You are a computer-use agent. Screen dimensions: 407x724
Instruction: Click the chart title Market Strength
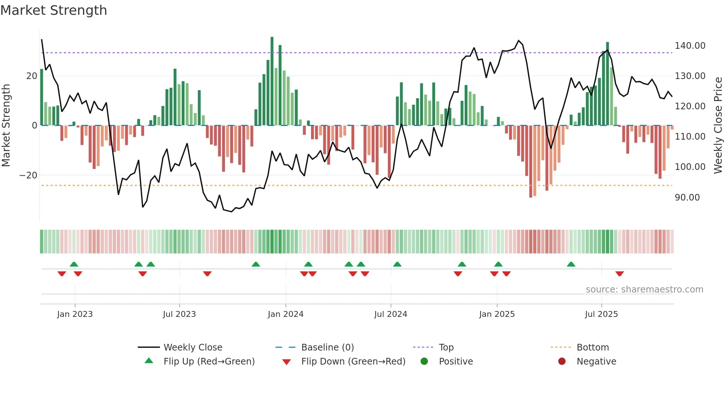coord(54,10)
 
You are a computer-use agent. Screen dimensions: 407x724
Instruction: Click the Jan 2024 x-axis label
coord(286,314)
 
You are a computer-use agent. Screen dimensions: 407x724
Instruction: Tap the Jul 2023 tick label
coord(179,314)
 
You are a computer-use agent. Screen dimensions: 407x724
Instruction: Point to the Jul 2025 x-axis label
coord(601,314)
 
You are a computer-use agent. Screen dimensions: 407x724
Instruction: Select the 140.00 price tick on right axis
coord(690,46)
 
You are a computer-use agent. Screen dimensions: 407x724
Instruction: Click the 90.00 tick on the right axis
coord(687,198)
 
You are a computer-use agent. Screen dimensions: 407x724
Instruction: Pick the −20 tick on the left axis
coord(28,175)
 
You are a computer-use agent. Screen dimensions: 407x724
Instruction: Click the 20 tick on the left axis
coord(31,76)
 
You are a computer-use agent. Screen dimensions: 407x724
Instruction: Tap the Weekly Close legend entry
coord(193,348)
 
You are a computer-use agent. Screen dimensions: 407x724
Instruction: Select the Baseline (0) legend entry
coord(327,348)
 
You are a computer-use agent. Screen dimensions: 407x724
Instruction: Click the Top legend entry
coord(446,348)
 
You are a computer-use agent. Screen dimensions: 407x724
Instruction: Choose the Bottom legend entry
coord(592,348)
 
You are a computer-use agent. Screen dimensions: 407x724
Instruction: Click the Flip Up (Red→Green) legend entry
coord(209,362)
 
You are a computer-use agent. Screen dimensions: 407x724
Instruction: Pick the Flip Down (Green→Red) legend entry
coord(353,362)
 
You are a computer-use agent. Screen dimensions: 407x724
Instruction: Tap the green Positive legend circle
coord(424,362)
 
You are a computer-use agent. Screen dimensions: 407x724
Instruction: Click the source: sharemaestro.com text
coord(644,290)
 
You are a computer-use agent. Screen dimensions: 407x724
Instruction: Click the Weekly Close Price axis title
coord(718,126)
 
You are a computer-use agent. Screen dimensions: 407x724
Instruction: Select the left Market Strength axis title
coord(6,126)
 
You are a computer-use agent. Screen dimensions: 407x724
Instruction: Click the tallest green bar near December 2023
coord(272,81)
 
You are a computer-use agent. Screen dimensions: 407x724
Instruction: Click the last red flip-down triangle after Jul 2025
coord(619,274)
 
